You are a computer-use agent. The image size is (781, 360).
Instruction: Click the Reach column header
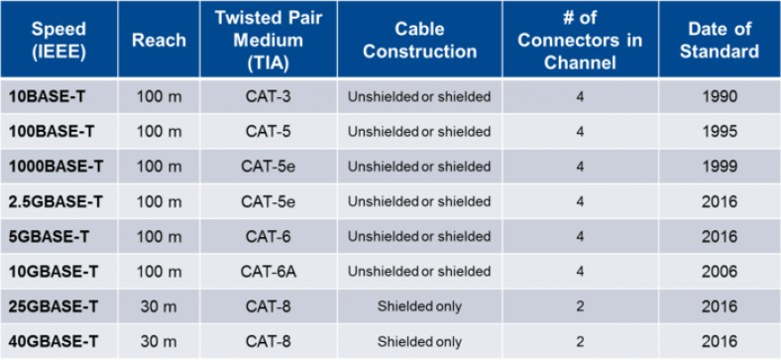point(159,40)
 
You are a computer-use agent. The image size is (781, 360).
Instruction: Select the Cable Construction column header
point(419,40)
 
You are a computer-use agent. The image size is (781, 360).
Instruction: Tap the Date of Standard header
point(719,40)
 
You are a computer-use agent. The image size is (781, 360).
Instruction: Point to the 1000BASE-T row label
point(59,167)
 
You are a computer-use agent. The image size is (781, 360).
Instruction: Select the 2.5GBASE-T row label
point(56,201)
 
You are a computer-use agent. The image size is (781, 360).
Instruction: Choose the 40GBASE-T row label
point(54,342)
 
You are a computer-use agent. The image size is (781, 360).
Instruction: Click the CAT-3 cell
point(267,97)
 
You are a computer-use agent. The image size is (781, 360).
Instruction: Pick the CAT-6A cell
point(267,272)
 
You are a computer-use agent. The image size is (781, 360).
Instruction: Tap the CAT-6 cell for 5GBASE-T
point(267,237)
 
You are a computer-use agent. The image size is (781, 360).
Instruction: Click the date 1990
point(719,97)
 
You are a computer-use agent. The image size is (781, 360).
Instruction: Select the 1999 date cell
point(719,167)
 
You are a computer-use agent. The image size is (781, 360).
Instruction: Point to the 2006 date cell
point(719,272)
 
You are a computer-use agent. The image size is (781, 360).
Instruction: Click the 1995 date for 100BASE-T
point(719,132)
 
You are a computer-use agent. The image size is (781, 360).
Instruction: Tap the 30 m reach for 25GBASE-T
point(159,306)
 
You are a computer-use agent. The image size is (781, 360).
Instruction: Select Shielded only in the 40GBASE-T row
point(419,342)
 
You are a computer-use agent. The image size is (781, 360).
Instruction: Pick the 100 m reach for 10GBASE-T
point(159,272)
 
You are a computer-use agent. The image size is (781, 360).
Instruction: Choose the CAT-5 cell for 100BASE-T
point(267,132)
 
